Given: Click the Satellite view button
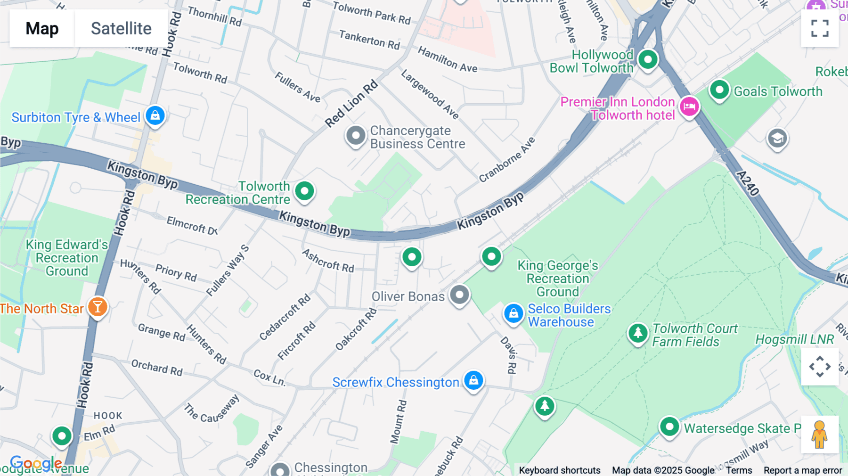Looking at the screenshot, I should [121, 28].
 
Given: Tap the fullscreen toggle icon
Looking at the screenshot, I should [820, 28].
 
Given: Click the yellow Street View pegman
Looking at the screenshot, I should [820, 435].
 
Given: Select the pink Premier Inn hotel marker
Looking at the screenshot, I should [689, 107].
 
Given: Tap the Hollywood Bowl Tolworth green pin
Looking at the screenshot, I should [648, 59].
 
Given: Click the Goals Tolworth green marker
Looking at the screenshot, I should [719, 90].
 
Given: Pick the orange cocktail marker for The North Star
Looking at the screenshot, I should [98, 307].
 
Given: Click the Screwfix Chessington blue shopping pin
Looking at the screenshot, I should [473, 380].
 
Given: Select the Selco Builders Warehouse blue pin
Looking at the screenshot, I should [514, 313].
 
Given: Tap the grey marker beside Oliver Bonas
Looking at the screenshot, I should [459, 295].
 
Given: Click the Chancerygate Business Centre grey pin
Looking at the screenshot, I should [356, 136].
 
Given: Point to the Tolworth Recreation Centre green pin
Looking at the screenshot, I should [304, 191].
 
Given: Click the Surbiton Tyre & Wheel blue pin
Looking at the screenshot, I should [155, 115].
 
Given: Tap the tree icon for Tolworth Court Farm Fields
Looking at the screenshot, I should [638, 333].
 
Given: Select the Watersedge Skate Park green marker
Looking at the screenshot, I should [669, 427].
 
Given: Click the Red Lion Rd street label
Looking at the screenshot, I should [351, 104].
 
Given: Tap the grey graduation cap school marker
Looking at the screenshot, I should [777, 139].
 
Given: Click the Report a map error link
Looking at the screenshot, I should [802, 470].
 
